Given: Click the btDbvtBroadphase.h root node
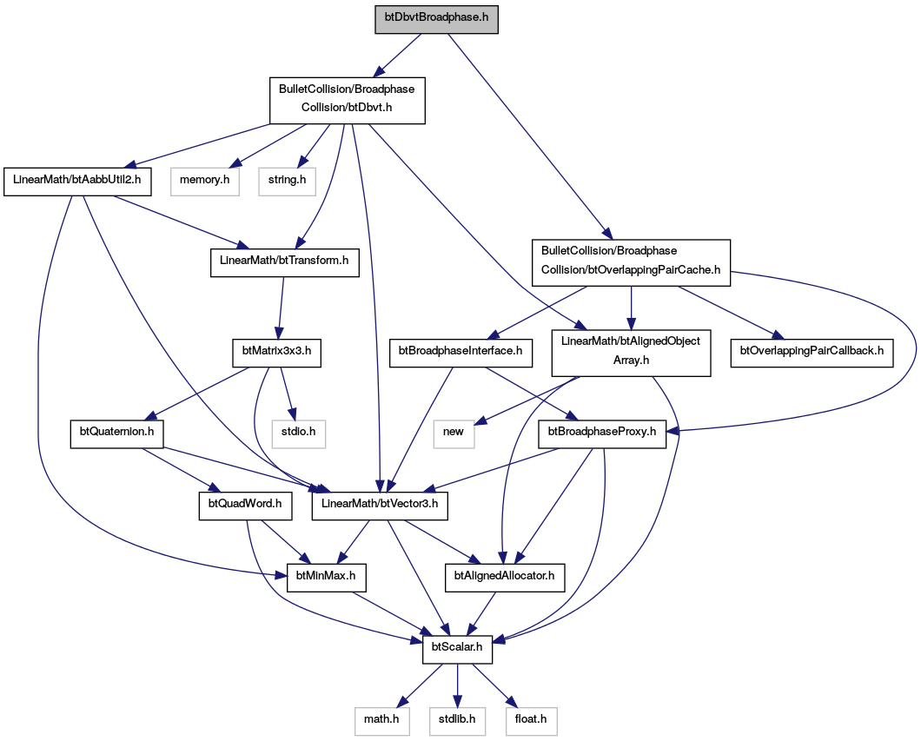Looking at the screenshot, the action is point(436,17).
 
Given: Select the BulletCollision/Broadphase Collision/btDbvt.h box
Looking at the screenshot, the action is point(347,101).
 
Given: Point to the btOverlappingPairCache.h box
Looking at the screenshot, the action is point(631,262).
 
